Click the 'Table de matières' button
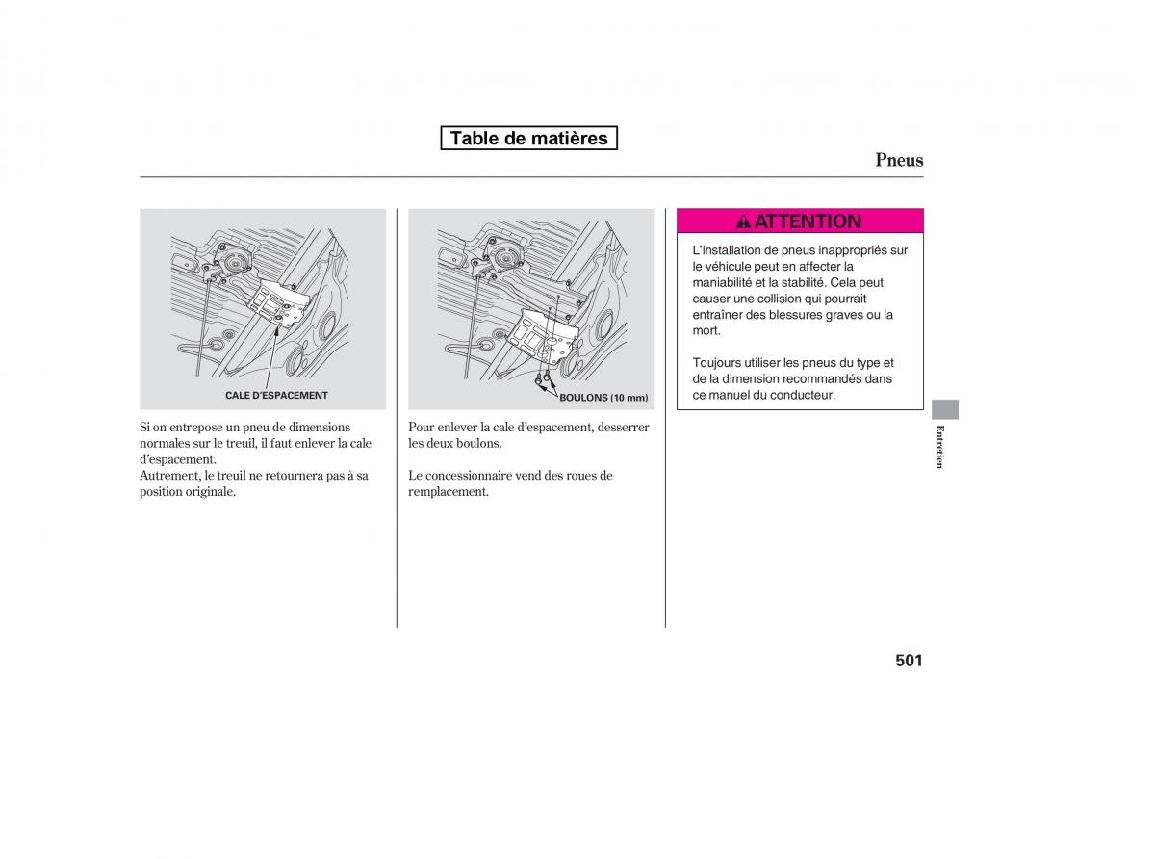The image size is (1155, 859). pos(528,138)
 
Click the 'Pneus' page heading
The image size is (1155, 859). pos(899,160)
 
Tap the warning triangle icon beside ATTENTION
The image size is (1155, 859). pos(743,222)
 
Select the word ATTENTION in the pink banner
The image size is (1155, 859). pos(808,221)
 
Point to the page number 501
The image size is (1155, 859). pos(908,661)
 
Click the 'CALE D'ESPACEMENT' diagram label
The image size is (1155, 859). pos(276,396)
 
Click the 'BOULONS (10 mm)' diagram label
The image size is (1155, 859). pos(603,398)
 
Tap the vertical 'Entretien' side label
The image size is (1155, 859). pos(940,446)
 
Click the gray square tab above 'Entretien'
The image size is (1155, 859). pos(945,408)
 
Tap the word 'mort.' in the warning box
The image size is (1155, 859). pos(706,330)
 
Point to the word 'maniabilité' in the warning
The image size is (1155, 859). pos(726,282)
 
